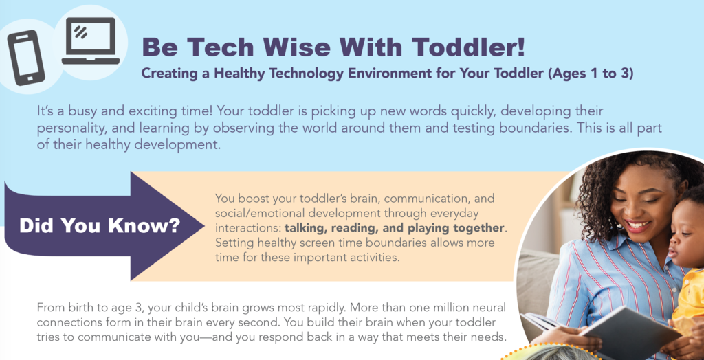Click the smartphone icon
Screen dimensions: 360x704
click(25, 57)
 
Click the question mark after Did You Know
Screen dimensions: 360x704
click(173, 225)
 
